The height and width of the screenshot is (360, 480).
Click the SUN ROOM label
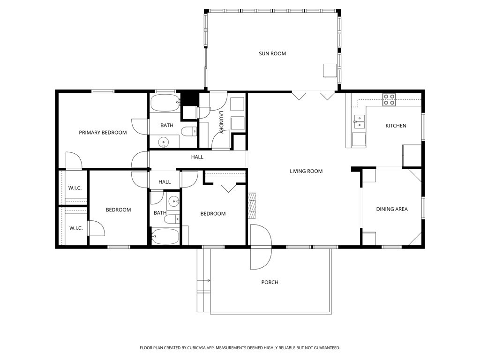[272, 53]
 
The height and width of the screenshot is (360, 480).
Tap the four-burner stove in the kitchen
[389, 100]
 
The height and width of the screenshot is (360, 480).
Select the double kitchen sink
[360, 121]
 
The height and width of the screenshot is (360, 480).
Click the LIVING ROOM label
[306, 171]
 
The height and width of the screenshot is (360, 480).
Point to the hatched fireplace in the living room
[252, 205]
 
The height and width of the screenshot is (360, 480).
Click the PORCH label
[270, 282]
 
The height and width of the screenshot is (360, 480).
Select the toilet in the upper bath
[189, 132]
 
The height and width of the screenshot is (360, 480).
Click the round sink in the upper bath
[164, 142]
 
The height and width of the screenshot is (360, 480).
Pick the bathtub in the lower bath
[165, 236]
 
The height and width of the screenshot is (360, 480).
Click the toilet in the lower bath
[172, 219]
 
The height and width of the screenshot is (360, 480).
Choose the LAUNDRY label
[221, 122]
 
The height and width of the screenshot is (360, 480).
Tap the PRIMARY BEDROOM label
[103, 133]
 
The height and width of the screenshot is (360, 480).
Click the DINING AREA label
[392, 209]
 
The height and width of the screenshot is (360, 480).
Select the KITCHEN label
[396, 126]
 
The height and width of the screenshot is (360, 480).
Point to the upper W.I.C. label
[75, 188]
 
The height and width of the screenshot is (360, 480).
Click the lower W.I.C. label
[76, 228]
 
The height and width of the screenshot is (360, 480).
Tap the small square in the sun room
[330, 70]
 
